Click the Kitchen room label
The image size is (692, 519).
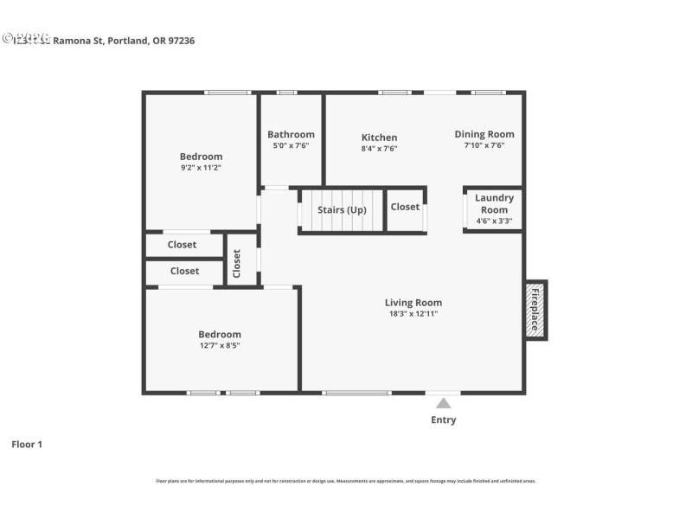(379, 138)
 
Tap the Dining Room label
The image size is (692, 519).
(484, 134)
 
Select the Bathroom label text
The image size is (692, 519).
(291, 134)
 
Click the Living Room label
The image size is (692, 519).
(413, 303)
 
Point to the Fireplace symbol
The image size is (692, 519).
(535, 310)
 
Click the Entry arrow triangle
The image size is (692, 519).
(443, 403)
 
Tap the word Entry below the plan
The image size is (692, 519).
(443, 420)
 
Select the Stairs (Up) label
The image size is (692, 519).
(342, 210)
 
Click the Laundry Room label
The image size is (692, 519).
(494, 203)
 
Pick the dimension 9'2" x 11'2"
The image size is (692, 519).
(201, 168)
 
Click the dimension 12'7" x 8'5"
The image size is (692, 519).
(219, 346)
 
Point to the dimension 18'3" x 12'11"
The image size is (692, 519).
(413, 314)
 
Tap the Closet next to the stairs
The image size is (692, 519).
(405, 207)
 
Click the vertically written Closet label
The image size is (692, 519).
(236, 264)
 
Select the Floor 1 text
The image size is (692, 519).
(27, 445)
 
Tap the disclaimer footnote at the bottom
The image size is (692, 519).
(345, 481)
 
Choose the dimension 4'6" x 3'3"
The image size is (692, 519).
(494, 221)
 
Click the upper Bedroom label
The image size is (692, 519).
(201, 157)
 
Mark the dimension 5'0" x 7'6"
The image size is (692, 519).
(291, 145)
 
